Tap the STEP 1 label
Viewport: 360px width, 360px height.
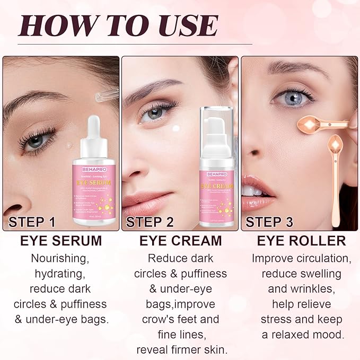pyautogui.click(x=32, y=222)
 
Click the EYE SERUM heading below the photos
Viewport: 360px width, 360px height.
pyautogui.click(x=61, y=241)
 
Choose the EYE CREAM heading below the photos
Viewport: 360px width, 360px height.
pyautogui.click(x=180, y=241)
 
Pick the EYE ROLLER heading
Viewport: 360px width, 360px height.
pyautogui.click(x=301, y=241)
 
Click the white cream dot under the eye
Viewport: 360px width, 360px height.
pyautogui.click(x=175, y=128)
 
